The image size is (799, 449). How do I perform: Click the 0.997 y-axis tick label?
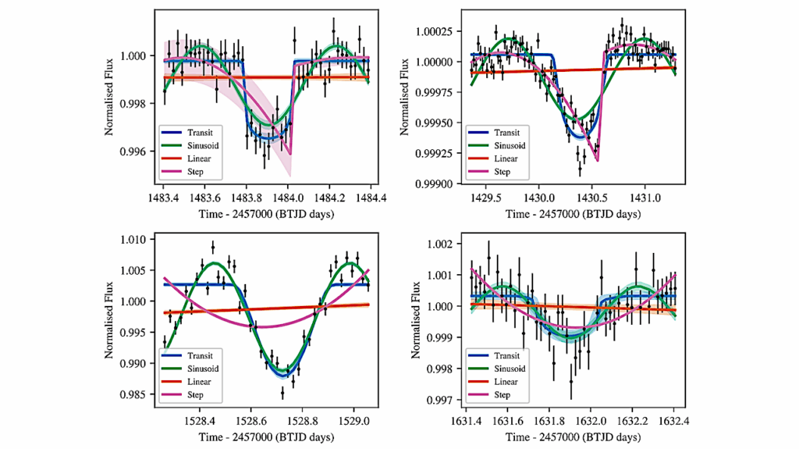point(448,401)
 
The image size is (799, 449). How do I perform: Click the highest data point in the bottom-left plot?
point(212,247)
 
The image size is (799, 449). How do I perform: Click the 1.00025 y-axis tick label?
point(443,30)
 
